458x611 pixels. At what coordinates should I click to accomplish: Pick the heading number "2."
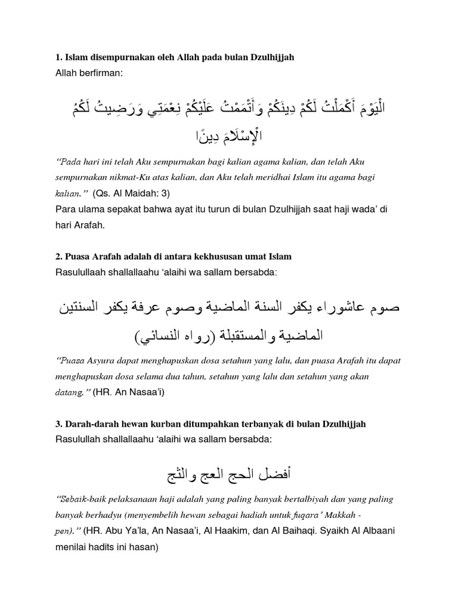[59, 257]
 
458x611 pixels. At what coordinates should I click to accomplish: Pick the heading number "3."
[59, 424]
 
